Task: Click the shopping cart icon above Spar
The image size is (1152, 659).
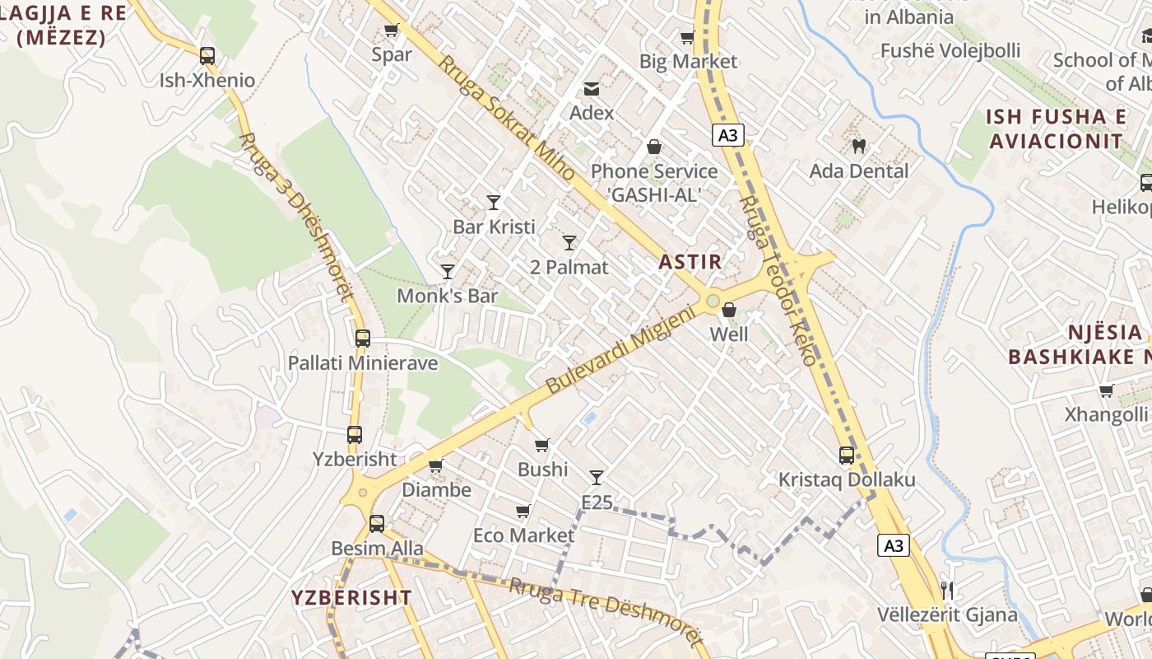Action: pyautogui.click(x=392, y=30)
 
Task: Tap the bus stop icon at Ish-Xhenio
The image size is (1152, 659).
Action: pyautogui.click(x=207, y=56)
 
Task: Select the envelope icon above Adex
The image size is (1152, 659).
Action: pyautogui.click(x=592, y=89)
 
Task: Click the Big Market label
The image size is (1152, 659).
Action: pyautogui.click(x=688, y=62)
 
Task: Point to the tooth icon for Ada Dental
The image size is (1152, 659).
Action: pyautogui.click(x=858, y=147)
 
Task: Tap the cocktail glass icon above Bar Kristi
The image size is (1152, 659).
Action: pyautogui.click(x=494, y=202)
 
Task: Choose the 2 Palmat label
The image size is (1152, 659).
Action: pyautogui.click(x=569, y=267)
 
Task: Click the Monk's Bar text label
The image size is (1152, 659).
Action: pyautogui.click(x=448, y=296)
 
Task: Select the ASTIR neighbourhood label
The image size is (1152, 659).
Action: pyautogui.click(x=690, y=263)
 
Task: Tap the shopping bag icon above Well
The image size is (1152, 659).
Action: pyautogui.click(x=729, y=310)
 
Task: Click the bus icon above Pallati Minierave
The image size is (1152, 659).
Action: pyautogui.click(x=362, y=338)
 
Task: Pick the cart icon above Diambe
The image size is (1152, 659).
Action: pyautogui.click(x=436, y=465)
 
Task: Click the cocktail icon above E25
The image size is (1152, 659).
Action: pyautogui.click(x=597, y=477)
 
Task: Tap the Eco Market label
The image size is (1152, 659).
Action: pyautogui.click(x=523, y=535)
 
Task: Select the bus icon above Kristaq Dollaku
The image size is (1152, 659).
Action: pyautogui.click(x=846, y=455)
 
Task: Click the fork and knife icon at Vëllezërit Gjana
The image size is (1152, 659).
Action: pyautogui.click(x=946, y=590)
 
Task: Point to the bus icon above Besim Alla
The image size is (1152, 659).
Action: pyautogui.click(x=377, y=523)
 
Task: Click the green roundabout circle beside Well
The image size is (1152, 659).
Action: pyautogui.click(x=712, y=301)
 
